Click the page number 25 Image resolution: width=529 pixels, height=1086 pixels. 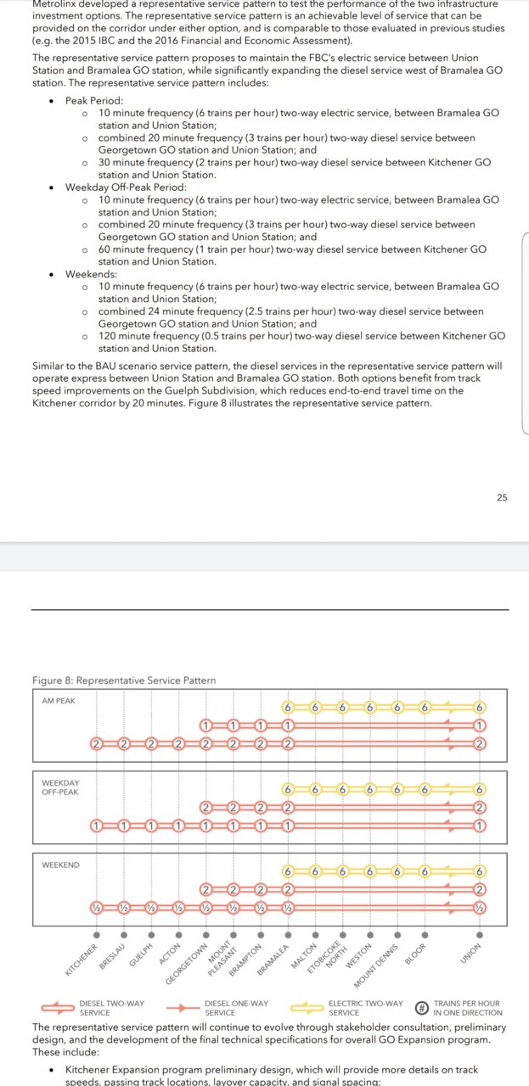click(x=502, y=497)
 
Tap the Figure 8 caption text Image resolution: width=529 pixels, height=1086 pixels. click(x=123, y=680)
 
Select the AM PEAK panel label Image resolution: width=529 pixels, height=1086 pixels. click(x=59, y=701)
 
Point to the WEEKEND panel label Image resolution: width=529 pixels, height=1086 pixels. click(x=61, y=865)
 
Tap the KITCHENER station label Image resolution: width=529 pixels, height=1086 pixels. click(x=82, y=957)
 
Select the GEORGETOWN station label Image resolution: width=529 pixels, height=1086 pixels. click(x=188, y=961)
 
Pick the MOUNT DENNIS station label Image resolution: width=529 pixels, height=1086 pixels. click(x=376, y=963)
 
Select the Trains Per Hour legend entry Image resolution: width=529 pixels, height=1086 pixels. click(x=468, y=1008)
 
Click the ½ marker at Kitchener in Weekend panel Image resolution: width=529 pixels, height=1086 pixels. click(x=97, y=908)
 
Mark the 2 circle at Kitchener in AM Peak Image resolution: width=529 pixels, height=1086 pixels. click(x=97, y=744)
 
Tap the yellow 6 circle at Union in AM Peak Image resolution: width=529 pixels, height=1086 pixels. click(x=480, y=708)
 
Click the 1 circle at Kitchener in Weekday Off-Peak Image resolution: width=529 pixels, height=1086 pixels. click(x=97, y=826)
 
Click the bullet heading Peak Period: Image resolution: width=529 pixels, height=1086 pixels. click(x=94, y=100)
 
